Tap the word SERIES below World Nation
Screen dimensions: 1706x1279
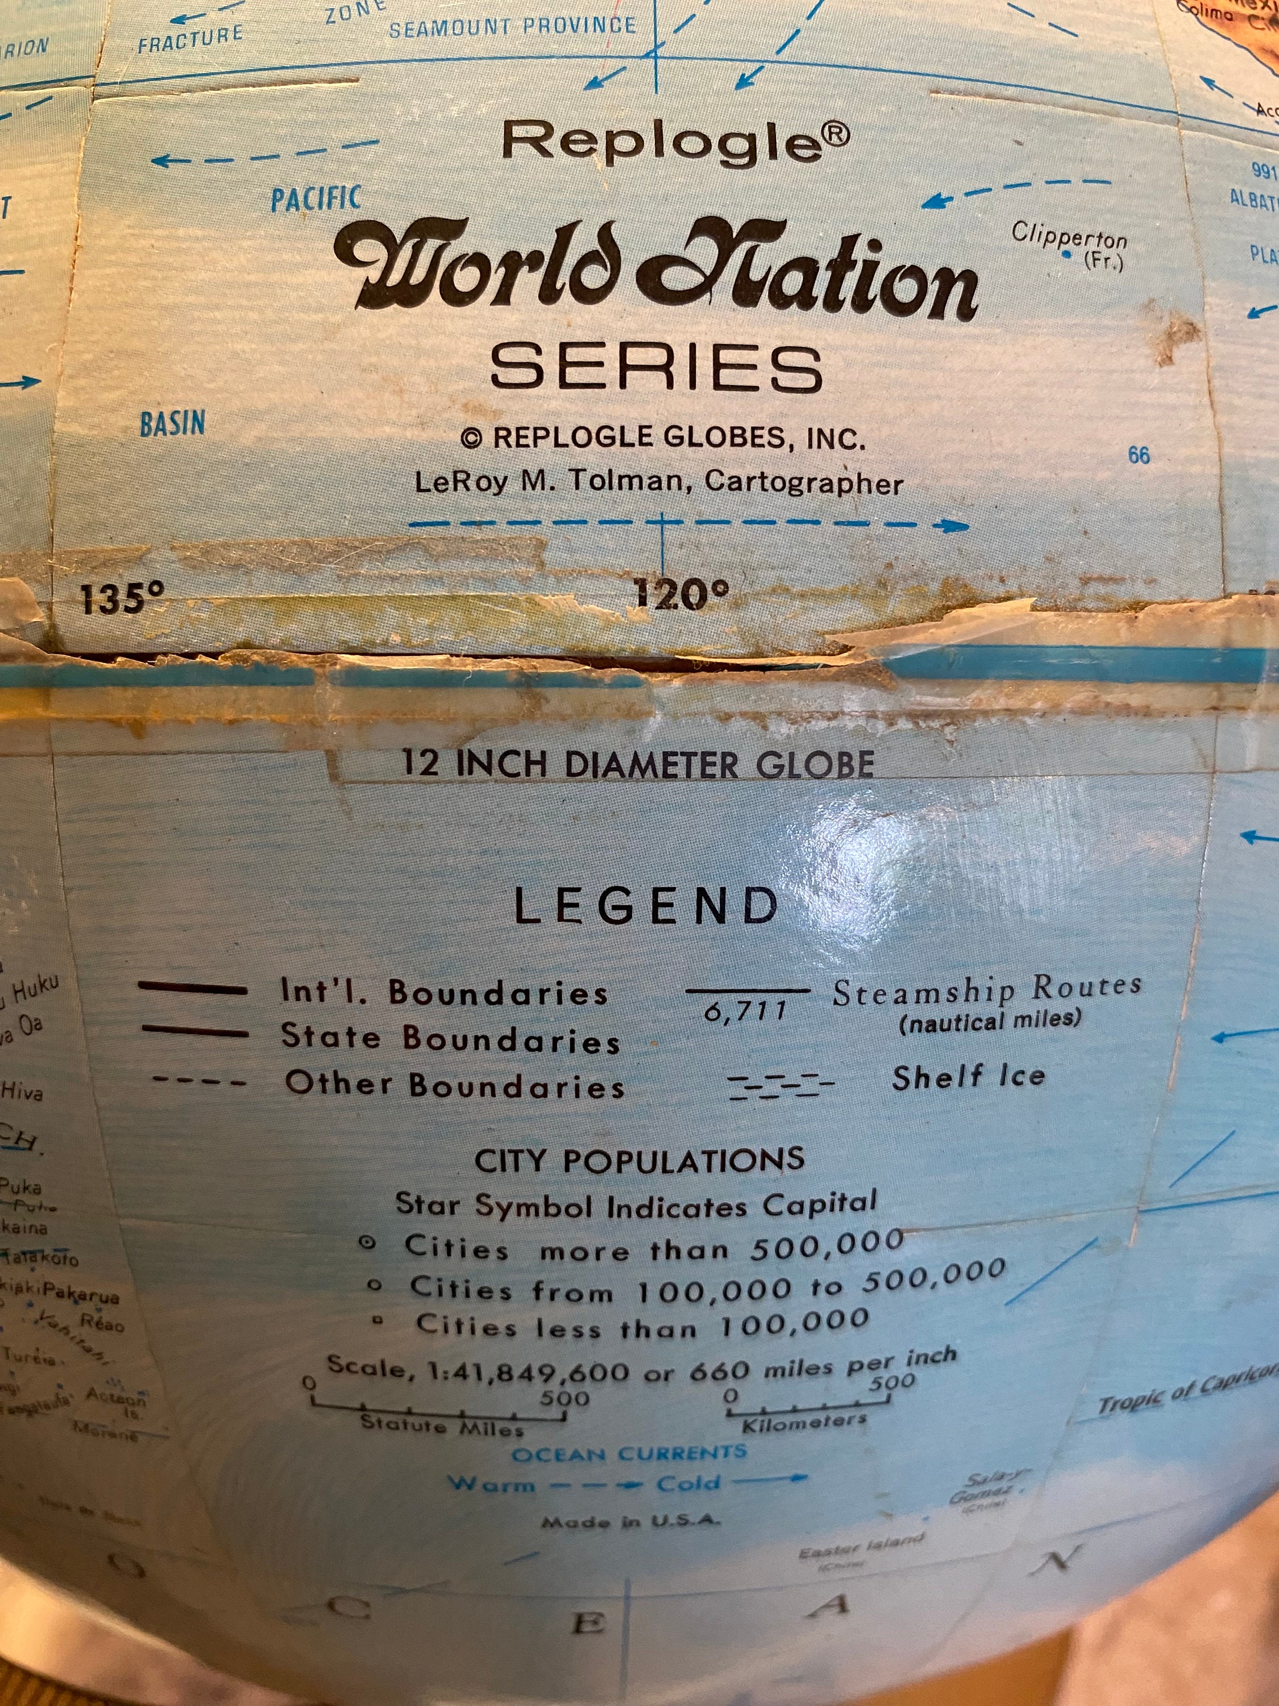[656, 367]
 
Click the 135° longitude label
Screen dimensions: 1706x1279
[123, 598]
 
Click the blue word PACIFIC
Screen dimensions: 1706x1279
[316, 199]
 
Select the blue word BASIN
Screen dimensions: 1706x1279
[173, 424]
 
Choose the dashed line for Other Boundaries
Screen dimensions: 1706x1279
[199, 1082]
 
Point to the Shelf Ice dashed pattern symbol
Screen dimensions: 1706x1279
[781, 1085]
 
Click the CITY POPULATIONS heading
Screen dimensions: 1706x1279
[639, 1161]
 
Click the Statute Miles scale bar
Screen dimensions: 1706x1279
[439, 1415]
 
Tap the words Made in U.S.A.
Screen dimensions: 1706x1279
[630, 1522]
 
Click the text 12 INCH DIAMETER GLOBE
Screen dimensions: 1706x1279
[638, 764]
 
